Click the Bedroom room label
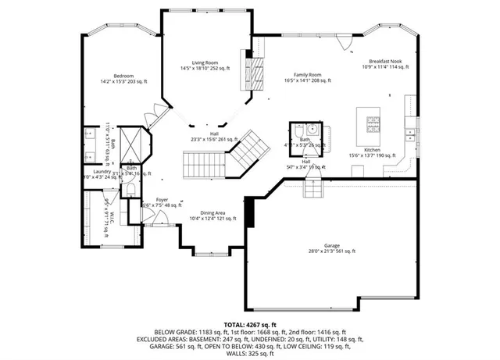(123, 77)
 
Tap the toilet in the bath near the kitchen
(311, 128)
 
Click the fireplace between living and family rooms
(251, 75)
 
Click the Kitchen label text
(372, 151)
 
